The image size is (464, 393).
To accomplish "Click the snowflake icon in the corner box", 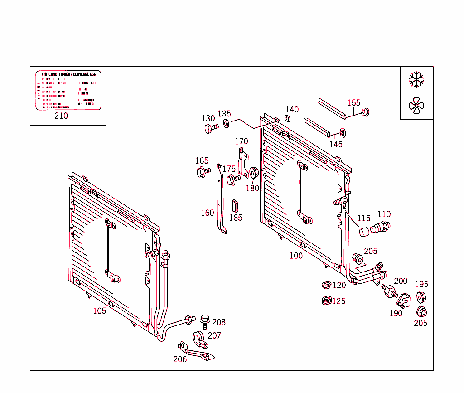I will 416,79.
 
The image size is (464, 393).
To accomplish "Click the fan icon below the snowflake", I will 416,106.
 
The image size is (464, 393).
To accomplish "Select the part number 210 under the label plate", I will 61,116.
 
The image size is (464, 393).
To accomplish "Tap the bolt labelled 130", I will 209,129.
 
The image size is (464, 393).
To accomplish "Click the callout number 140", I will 292,109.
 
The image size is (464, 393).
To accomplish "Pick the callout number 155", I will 354,103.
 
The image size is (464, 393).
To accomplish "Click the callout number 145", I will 336,144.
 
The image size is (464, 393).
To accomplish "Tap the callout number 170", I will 242,141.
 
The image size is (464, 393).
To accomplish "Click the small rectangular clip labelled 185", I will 235,205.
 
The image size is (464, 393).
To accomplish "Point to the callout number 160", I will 208,213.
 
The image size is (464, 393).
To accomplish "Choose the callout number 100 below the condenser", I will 296,256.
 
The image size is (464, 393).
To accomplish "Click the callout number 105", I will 100,311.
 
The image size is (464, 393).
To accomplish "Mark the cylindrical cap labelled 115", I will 364,232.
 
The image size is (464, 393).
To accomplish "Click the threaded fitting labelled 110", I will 380,227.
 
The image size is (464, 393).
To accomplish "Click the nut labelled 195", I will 420,297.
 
